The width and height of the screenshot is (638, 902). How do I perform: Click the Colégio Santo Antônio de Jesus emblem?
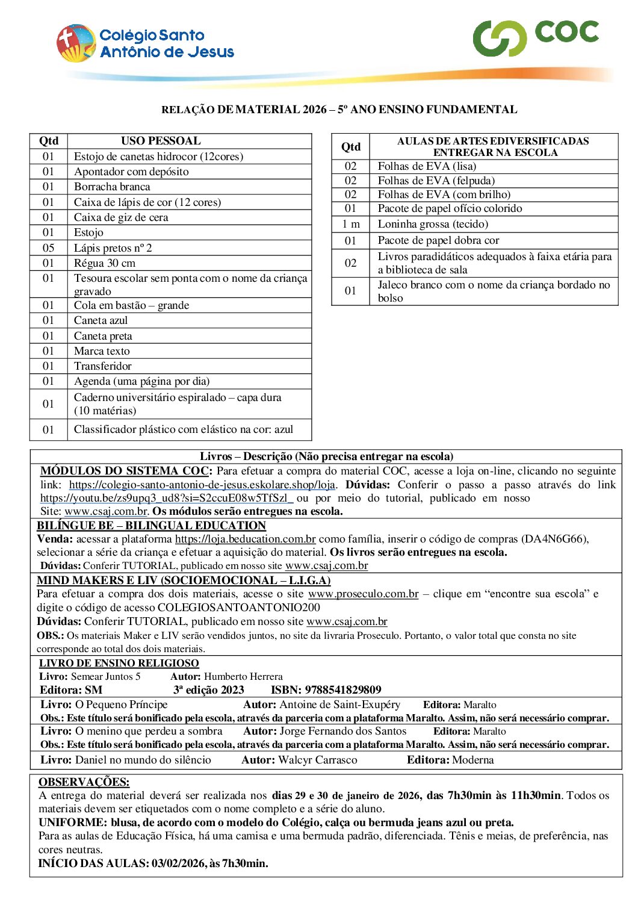(x=76, y=43)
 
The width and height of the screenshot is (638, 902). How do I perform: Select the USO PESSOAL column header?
(x=161, y=141)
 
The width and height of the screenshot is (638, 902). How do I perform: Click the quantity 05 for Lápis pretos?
(x=48, y=248)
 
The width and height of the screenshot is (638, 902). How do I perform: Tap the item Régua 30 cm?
(x=105, y=263)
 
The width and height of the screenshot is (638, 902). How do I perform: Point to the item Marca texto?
(x=102, y=351)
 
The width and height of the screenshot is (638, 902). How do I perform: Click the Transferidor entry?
(x=102, y=366)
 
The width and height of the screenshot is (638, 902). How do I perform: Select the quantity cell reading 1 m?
(x=350, y=224)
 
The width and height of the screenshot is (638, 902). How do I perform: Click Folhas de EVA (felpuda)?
(x=436, y=181)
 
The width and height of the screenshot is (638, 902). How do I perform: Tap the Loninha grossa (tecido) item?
(x=433, y=224)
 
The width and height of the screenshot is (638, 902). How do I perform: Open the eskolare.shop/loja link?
(x=202, y=485)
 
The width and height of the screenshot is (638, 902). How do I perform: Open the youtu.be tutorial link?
(x=166, y=498)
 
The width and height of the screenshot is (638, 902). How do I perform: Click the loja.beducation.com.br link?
(x=245, y=539)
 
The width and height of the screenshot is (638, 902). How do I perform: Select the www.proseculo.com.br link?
(x=363, y=594)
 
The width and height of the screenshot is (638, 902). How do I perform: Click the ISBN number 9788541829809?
(x=343, y=690)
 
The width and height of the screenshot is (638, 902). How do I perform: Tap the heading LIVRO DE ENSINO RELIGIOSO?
(x=119, y=663)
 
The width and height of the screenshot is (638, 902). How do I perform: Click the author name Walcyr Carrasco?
(x=318, y=760)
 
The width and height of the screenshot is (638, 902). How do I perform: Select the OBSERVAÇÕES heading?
(x=84, y=782)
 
